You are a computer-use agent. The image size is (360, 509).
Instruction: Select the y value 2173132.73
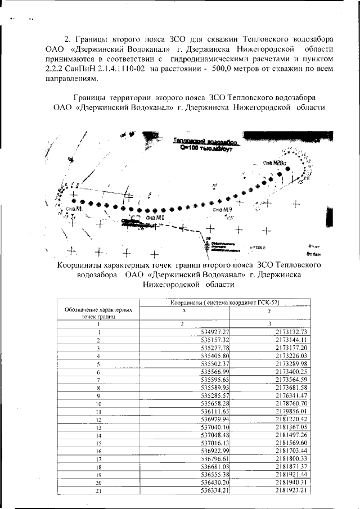click(x=290, y=332)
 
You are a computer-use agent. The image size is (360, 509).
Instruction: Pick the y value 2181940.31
click(x=290, y=483)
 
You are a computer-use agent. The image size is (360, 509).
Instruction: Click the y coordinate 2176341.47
click(x=290, y=395)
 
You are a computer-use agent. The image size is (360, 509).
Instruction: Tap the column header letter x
click(x=184, y=310)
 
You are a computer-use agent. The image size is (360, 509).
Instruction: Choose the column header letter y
click(x=270, y=310)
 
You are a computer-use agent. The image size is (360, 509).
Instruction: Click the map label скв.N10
click(x=154, y=217)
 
